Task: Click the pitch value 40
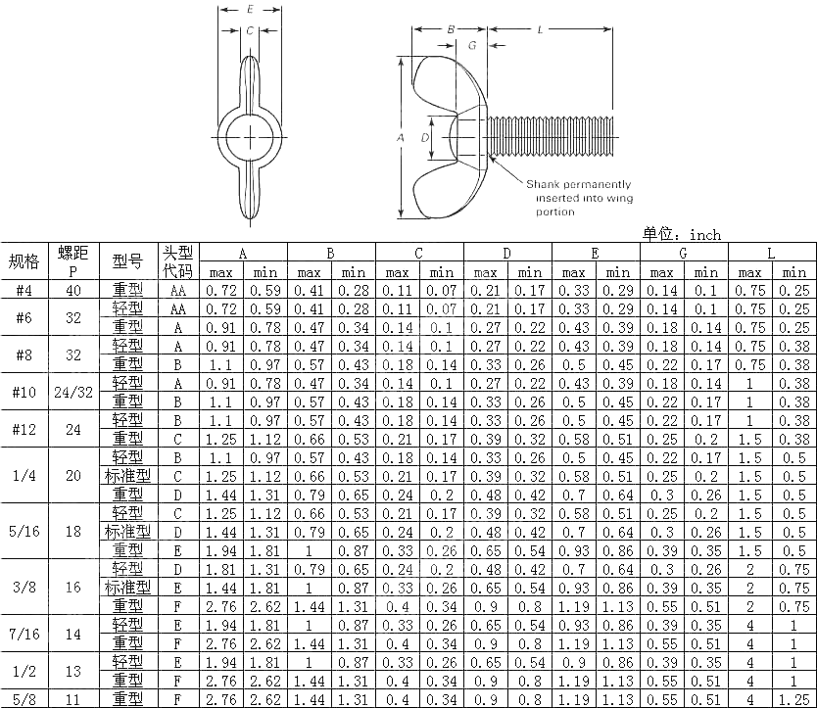pos(73,290)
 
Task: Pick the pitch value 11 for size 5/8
pos(73,699)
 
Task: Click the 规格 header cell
pos(24,261)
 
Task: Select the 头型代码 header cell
pos(177,261)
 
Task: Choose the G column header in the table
pos(683,253)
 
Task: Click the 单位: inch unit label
pos(682,234)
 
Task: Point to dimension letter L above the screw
pos(541,29)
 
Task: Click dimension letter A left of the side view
pos(400,138)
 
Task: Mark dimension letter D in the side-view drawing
pos(424,138)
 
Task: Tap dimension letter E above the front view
pos(251,9)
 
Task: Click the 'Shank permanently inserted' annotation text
pos(579,198)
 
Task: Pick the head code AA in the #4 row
pos(177,290)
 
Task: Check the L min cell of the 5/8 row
pos(793,699)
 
